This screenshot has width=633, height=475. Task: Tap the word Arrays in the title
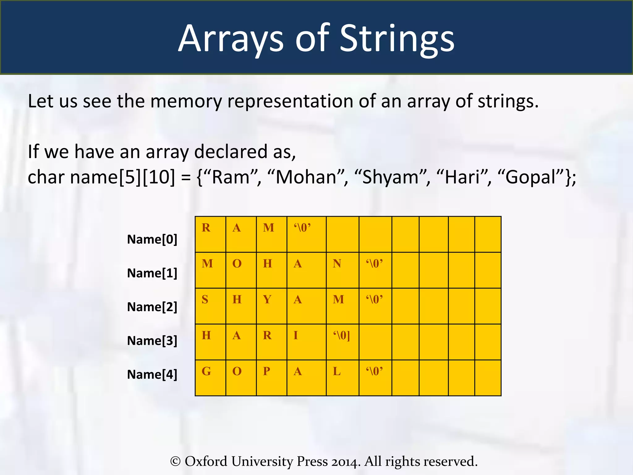pyautogui.click(x=231, y=39)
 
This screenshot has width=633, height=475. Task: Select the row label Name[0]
pyautogui.click(x=152, y=239)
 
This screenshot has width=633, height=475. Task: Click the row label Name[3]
pyautogui.click(x=152, y=340)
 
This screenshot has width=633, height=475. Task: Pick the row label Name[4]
pyautogui.click(x=152, y=374)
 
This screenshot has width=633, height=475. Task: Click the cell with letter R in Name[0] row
pyautogui.click(x=210, y=234)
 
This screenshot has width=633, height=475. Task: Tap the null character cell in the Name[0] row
pyautogui.click(x=306, y=234)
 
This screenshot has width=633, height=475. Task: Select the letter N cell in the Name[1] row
pyautogui.click(x=342, y=270)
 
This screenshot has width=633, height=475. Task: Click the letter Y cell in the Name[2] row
pyautogui.click(x=271, y=306)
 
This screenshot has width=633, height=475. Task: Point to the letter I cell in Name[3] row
pyautogui.click(x=306, y=342)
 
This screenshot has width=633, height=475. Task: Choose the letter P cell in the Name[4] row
pyautogui.click(x=271, y=378)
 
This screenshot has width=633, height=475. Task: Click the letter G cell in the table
pyautogui.click(x=210, y=378)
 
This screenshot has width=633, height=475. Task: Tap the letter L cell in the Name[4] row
pyautogui.click(x=342, y=378)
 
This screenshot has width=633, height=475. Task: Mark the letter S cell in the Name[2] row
pyautogui.click(x=210, y=306)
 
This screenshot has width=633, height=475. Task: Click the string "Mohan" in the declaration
pyautogui.click(x=306, y=178)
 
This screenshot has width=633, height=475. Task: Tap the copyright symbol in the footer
pyautogui.click(x=175, y=461)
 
